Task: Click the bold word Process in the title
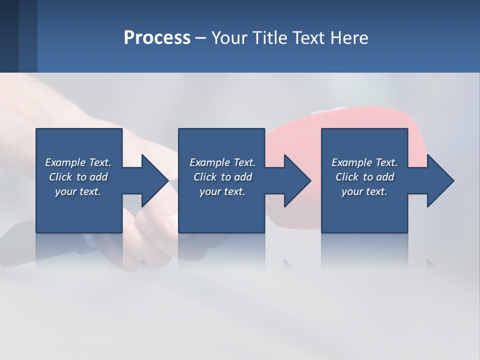[x=157, y=38]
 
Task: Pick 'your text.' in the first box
[x=78, y=191]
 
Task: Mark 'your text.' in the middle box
[x=222, y=191]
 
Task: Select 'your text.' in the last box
[x=364, y=191]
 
